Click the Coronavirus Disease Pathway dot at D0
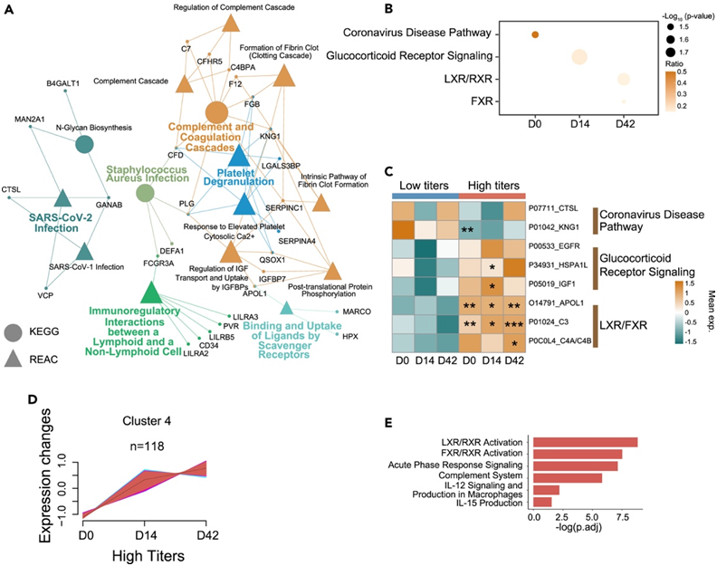coord(535,34)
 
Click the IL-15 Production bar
coord(543,501)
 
